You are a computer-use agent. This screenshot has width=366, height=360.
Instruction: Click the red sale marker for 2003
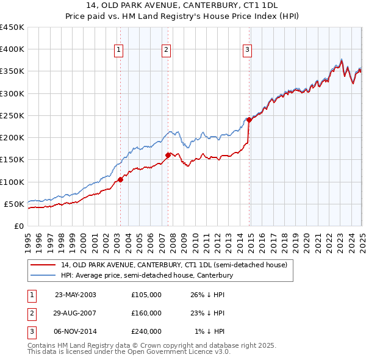click(x=121, y=179)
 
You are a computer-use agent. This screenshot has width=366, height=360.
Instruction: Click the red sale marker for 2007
click(x=168, y=155)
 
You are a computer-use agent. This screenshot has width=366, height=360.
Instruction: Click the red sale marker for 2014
click(x=249, y=120)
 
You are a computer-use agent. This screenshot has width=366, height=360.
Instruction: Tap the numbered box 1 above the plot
click(x=118, y=51)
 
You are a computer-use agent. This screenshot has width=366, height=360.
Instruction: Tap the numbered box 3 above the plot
click(x=247, y=51)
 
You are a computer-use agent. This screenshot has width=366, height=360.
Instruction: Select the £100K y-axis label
click(x=12, y=182)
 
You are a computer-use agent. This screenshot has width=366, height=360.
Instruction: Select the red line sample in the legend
click(x=43, y=265)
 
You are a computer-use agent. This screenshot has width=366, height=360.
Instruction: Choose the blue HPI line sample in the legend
click(x=43, y=276)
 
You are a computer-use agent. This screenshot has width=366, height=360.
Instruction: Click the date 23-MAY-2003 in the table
click(x=75, y=295)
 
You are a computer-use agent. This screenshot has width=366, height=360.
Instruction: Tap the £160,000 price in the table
click(x=146, y=313)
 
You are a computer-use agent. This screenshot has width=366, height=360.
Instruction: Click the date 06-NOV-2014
click(x=75, y=331)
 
